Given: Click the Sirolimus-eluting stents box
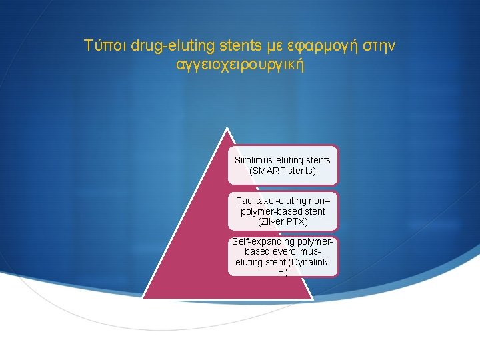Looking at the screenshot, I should pyautogui.click(x=283, y=165).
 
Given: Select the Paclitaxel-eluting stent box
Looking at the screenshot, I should pyautogui.click(x=283, y=211).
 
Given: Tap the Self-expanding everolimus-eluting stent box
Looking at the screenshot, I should pyautogui.click(x=283, y=257).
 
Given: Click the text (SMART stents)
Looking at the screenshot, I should pyautogui.click(x=283, y=171).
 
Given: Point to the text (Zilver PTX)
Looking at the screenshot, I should pyautogui.click(x=283, y=221).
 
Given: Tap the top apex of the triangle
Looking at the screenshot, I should pyautogui.click(x=227, y=129).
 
